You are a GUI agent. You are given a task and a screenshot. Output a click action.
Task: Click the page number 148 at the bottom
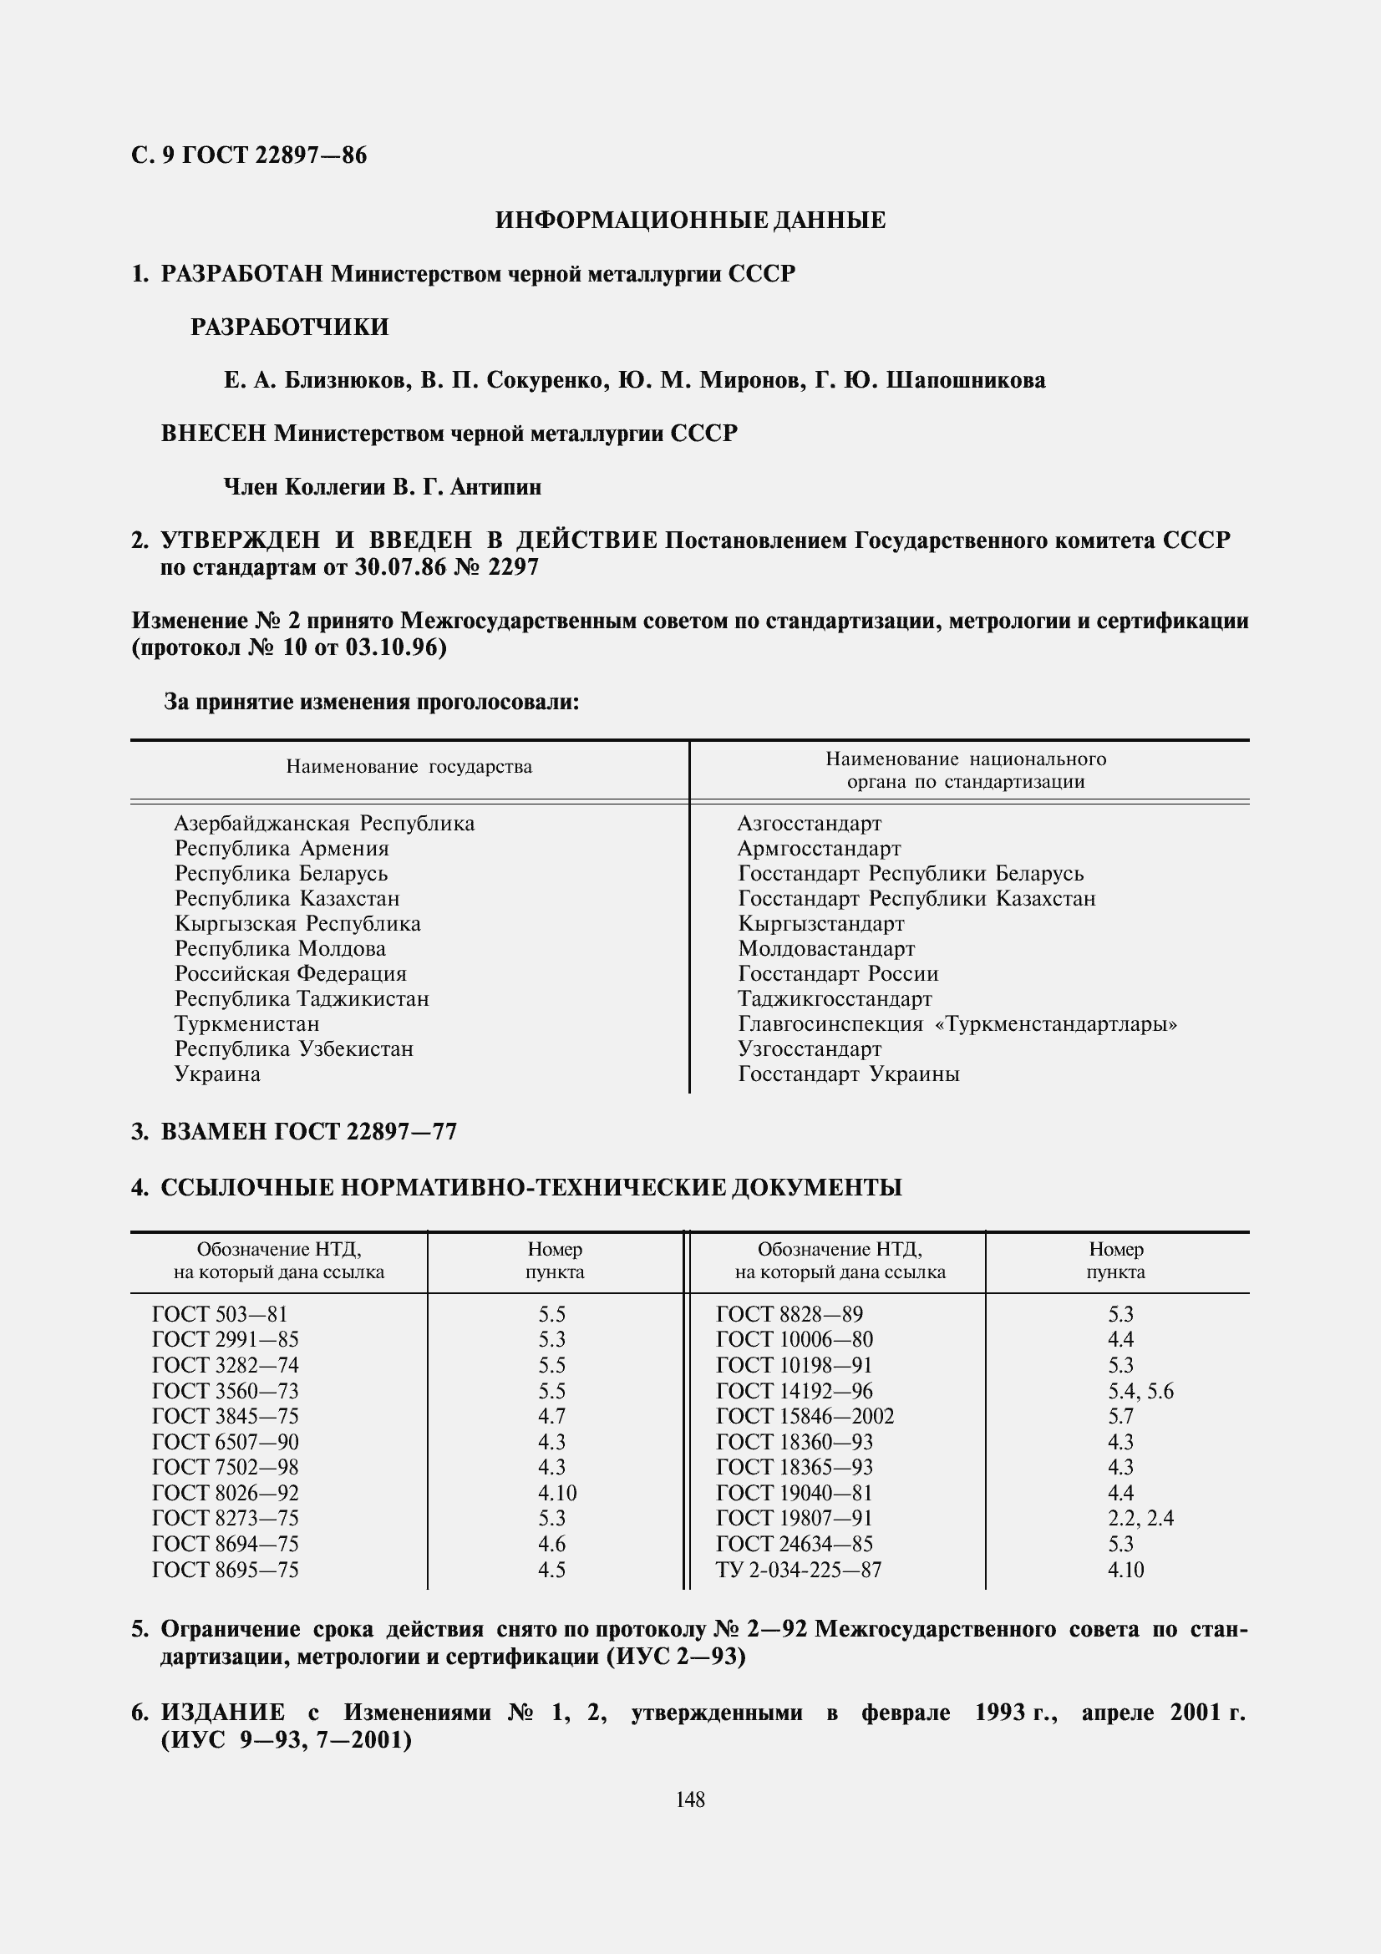click(690, 1799)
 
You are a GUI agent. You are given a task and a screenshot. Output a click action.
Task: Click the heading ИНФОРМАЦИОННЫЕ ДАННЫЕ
click(690, 221)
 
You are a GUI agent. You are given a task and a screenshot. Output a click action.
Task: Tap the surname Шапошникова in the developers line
click(965, 380)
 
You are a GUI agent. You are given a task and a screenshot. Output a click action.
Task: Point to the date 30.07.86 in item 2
click(400, 566)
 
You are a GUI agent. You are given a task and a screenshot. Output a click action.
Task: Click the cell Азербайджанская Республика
click(324, 823)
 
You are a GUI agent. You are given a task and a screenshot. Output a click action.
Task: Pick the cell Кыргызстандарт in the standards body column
click(820, 923)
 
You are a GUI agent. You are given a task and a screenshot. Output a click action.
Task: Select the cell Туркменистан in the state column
click(246, 1023)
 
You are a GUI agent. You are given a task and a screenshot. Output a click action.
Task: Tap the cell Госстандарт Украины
click(848, 1073)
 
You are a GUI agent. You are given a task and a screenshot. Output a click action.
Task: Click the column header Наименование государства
click(409, 767)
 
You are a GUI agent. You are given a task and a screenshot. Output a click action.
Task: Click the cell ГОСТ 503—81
click(220, 1314)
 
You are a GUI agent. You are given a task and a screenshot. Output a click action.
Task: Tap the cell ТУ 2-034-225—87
click(798, 1570)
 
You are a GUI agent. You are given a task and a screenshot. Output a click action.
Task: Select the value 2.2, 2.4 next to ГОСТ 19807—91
click(1140, 1518)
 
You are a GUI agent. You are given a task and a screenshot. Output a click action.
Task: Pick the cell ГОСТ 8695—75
click(225, 1570)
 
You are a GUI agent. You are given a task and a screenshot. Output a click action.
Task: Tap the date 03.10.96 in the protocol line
click(395, 647)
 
